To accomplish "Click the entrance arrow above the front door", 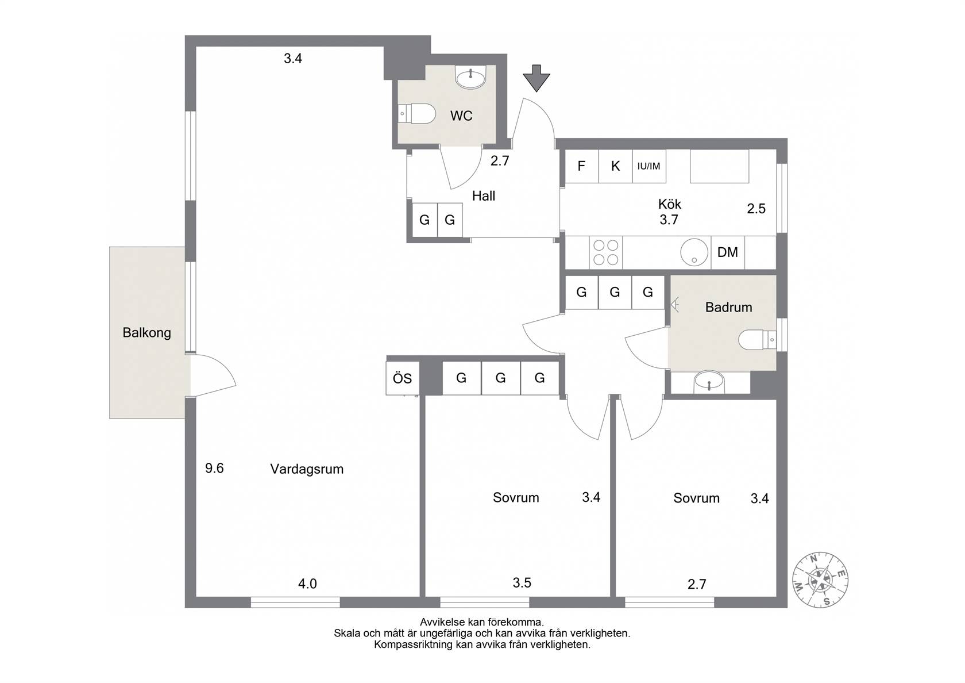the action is tap(536, 78).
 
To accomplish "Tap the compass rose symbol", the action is tap(820, 580).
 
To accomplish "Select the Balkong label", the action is tap(146, 332).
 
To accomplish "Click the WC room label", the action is tap(461, 116).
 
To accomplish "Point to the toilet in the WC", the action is tap(416, 114).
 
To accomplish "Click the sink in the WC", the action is tap(470, 78).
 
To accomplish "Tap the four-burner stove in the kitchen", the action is tap(605, 252).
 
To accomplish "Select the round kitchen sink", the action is tap(694, 252).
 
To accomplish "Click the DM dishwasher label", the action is tap(727, 252).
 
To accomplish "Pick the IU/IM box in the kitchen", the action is tap(649, 166).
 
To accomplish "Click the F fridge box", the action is tap(581, 166).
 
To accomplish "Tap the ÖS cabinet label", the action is tap(402, 378).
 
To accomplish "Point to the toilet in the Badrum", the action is tap(757, 340).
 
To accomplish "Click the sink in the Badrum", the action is tap(709, 382).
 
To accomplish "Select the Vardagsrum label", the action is tap(307, 469).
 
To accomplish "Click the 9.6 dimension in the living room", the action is tap(214, 468).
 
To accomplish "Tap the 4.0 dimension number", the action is tap(307, 584).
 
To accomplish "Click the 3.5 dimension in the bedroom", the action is tap(522, 583).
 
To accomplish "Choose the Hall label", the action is tap(484, 196).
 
